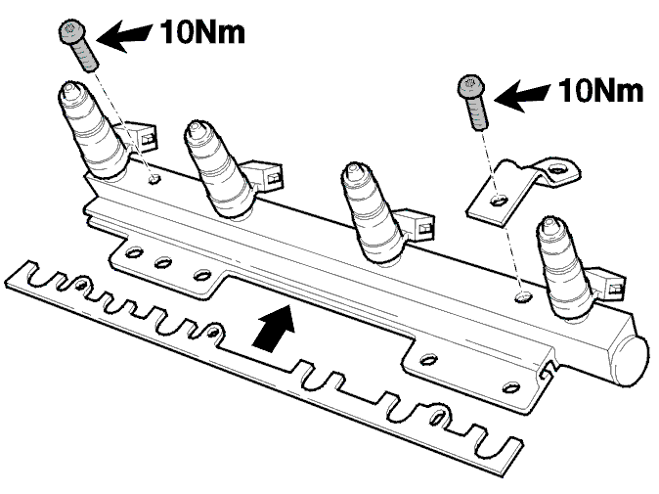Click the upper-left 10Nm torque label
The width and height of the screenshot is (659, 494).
pyautogui.click(x=202, y=32)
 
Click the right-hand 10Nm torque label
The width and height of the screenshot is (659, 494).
pyautogui.click(x=600, y=91)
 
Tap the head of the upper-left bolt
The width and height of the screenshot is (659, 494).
pyautogui.click(x=72, y=31)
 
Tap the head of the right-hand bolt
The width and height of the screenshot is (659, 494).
pyautogui.click(x=470, y=87)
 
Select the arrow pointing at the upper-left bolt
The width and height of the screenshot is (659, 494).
pyautogui.click(x=124, y=36)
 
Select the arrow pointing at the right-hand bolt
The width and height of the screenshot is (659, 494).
pyautogui.click(x=522, y=96)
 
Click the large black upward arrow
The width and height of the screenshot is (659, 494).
pyautogui.click(x=273, y=328)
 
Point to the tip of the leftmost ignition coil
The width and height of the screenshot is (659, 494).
pyautogui.click(x=68, y=89)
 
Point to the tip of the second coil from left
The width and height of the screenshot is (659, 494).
pyautogui.click(x=195, y=128)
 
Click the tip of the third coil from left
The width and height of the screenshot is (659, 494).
pyautogui.click(x=352, y=169)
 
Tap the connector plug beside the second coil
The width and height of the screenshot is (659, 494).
pyautogui.click(x=269, y=175)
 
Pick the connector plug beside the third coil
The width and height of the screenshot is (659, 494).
pyautogui.click(x=420, y=226)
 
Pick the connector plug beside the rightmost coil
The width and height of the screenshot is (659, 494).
pyautogui.click(x=610, y=285)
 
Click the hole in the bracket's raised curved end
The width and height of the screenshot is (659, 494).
pyautogui.click(x=557, y=168)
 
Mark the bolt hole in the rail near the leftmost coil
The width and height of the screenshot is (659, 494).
pyautogui.click(x=154, y=180)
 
